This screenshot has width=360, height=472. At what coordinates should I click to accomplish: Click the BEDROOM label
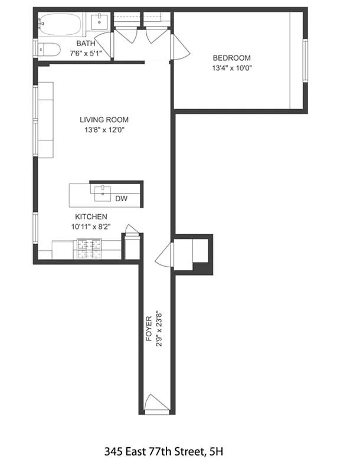click(x=231, y=58)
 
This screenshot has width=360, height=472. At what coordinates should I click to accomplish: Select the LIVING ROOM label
click(x=104, y=120)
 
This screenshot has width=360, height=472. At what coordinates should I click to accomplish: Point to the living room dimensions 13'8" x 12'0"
click(x=104, y=130)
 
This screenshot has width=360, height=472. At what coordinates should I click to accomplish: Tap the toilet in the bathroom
click(x=47, y=50)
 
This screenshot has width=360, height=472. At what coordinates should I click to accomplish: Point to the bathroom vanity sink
click(x=99, y=23)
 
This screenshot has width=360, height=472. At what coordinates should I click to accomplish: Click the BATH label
click(x=85, y=44)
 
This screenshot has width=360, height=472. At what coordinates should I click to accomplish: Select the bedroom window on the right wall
click(x=305, y=60)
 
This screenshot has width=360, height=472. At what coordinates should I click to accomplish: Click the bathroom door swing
click(x=104, y=45)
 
